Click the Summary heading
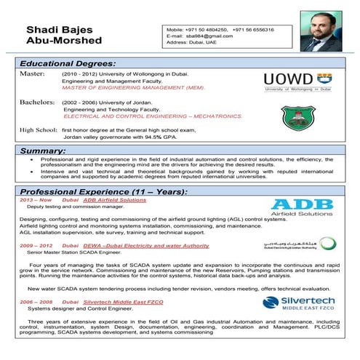[43, 151]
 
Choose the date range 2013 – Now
[36, 199]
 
